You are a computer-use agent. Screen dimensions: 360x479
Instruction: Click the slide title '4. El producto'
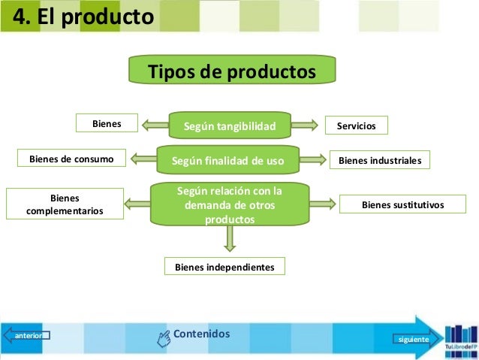coord(79,17)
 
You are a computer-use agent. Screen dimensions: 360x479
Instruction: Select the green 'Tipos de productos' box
coord(231,71)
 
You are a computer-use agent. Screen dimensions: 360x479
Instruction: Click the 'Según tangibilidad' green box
coord(230,126)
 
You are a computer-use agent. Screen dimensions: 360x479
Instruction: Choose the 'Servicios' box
coord(356,126)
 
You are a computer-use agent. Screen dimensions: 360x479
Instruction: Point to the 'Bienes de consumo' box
coord(71,159)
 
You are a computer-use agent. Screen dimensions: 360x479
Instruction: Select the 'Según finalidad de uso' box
coord(227,159)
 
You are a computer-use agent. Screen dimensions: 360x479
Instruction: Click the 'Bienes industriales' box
coord(380,160)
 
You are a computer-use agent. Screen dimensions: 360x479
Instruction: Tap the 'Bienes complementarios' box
coord(65,204)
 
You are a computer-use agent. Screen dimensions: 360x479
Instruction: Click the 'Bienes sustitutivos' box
coord(402,204)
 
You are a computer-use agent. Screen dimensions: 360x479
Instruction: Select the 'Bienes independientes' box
coord(224,266)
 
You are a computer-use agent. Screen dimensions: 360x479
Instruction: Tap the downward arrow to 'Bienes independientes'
coord(230,238)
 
